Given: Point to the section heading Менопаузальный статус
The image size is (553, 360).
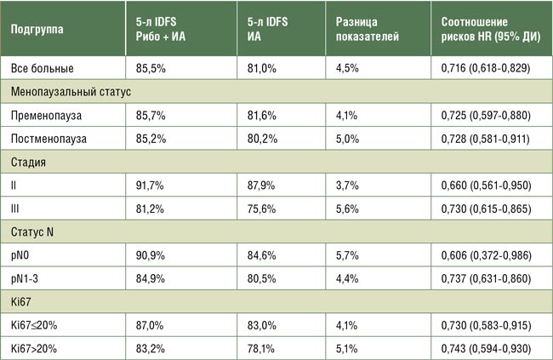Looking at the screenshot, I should (x=71, y=90).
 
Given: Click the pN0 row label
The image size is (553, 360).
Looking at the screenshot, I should (x=24, y=253).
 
